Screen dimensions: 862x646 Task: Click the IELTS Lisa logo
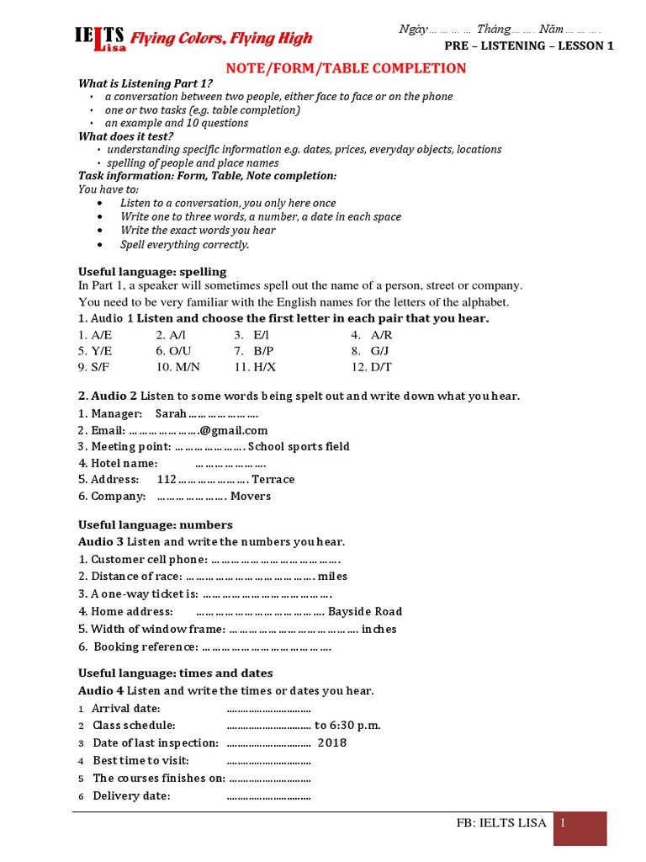(99, 40)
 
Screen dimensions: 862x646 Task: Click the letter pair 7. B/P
(252, 350)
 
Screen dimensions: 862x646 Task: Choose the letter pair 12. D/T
(371, 367)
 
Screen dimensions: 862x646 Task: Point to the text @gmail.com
(234, 430)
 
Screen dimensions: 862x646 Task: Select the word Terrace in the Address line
(273, 479)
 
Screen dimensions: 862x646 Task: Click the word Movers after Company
(251, 496)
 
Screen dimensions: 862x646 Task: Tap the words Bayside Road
(365, 611)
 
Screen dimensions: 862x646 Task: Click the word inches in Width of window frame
(379, 629)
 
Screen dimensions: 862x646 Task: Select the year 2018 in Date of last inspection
(331, 742)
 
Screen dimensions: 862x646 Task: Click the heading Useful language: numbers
(155, 524)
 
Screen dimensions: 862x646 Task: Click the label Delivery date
(131, 795)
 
